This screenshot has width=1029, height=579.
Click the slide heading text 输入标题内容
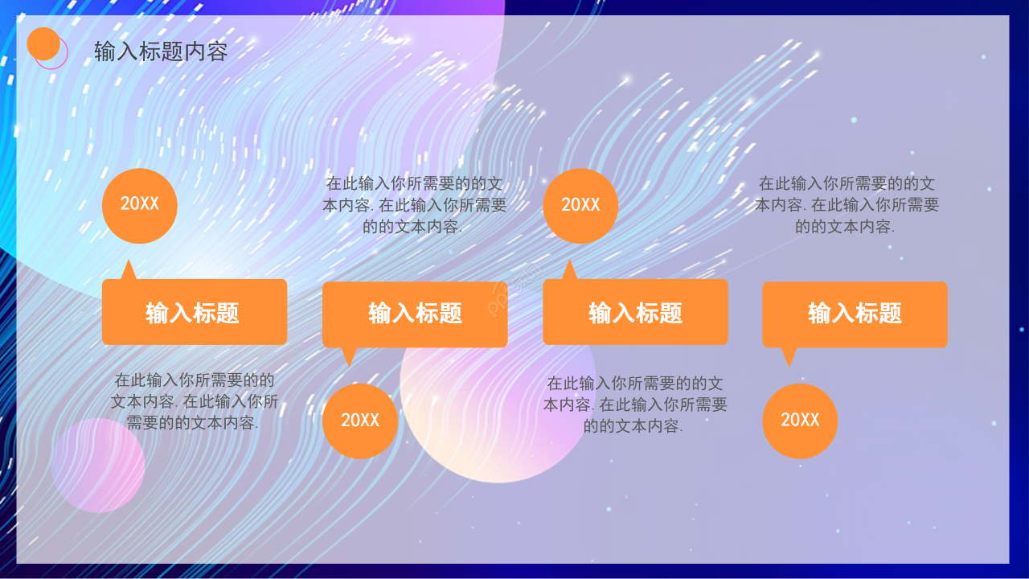tap(161, 52)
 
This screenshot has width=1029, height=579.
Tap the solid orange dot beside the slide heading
tap(43, 44)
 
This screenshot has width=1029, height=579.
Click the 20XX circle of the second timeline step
tap(360, 421)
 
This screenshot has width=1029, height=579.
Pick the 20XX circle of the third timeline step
tap(580, 206)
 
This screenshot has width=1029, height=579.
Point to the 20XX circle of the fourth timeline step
tap(800, 421)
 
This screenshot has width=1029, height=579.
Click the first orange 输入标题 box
tap(195, 312)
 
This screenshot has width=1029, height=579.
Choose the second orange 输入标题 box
tap(415, 314)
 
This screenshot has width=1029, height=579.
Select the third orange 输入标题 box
tap(635, 312)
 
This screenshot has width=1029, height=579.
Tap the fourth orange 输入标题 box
tap(855, 314)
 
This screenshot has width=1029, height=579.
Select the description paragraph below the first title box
tap(195, 401)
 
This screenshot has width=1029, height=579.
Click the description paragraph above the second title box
tap(415, 205)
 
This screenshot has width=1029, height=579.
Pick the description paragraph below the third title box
tap(635, 404)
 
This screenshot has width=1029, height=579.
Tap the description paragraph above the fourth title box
tap(847, 205)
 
